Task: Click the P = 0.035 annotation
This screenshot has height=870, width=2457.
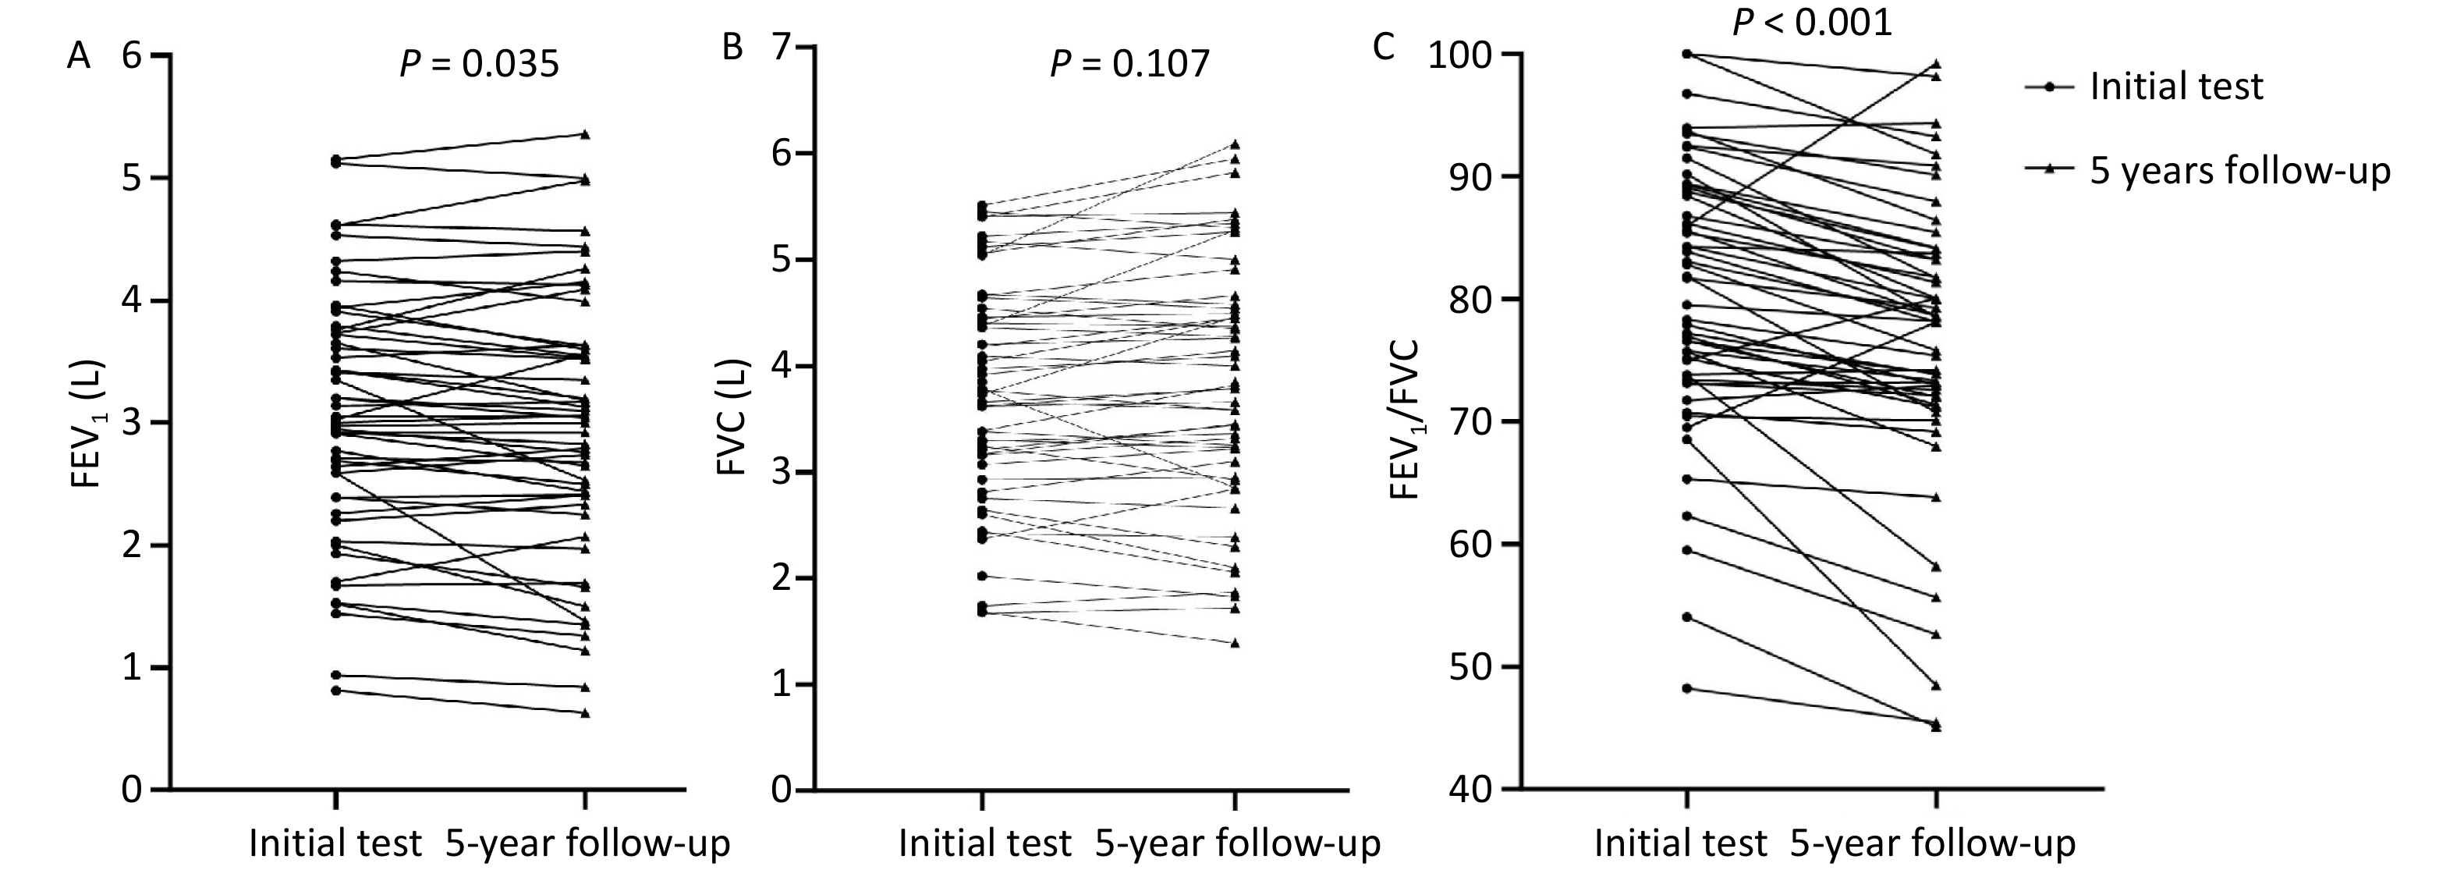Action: point(478,64)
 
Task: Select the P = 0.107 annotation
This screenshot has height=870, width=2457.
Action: point(1129,64)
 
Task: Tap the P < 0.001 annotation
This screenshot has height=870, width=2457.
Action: point(1811,21)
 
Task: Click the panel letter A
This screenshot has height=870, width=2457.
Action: point(78,56)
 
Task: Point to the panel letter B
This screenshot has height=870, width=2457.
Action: point(732,47)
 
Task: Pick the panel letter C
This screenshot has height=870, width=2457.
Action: point(1383,47)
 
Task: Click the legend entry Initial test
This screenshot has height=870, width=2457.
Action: point(2175,87)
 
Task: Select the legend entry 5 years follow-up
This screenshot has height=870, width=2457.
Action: point(2239,171)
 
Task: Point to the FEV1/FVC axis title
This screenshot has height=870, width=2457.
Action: point(1404,420)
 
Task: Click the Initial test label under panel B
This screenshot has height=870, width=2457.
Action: point(984,843)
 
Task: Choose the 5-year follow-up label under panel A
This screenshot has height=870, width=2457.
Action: point(587,843)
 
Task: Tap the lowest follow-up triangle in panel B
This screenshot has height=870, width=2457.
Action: point(1236,643)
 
